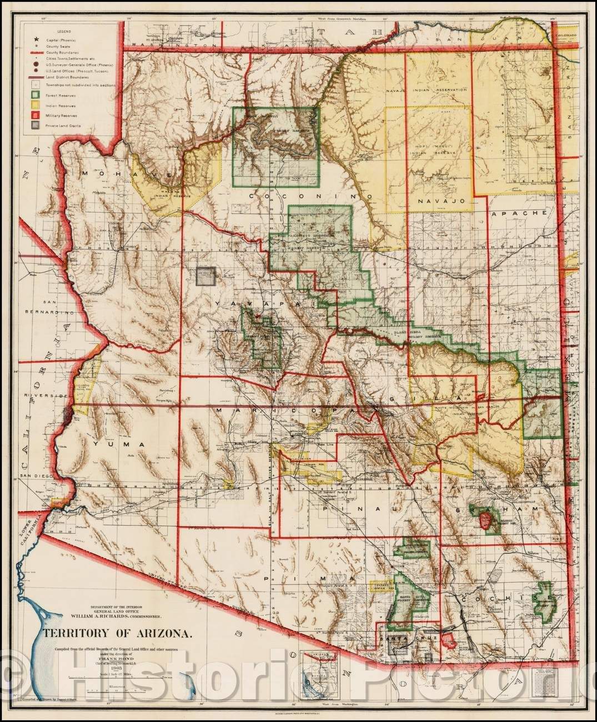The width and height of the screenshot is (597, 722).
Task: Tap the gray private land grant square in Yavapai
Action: point(207,276)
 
